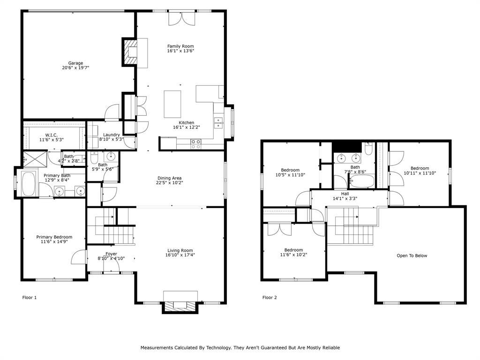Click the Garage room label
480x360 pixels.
[x=75, y=63]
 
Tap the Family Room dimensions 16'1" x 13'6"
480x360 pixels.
[x=180, y=52]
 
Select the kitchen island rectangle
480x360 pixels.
[x=172, y=104]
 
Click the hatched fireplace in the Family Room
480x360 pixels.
[x=130, y=52]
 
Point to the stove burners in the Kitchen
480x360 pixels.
[x=196, y=144]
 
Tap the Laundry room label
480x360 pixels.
[x=112, y=135]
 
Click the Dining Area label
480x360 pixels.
[x=169, y=178]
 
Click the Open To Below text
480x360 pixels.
[x=412, y=255]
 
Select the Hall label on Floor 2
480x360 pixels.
[x=345, y=194]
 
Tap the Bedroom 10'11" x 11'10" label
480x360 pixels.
[x=420, y=168]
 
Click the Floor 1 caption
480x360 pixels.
[x=29, y=297]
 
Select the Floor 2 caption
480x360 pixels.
[x=269, y=297]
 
